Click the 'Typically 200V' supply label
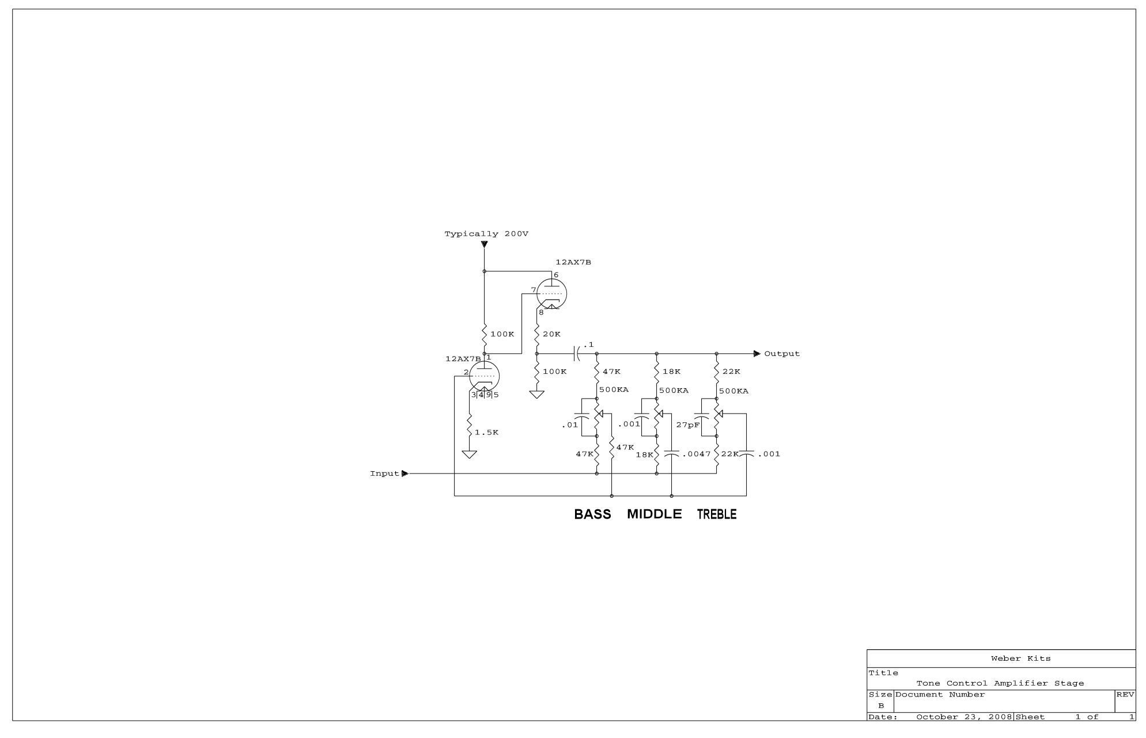coord(486,234)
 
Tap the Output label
coord(782,354)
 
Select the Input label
coord(384,474)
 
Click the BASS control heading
coord(592,514)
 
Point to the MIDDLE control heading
coord(654,514)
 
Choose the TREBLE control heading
coord(717,514)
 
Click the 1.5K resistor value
coord(487,433)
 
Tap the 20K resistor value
coord(551,334)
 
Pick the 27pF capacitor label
coord(688,425)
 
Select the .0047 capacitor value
coord(697,454)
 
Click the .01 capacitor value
coord(569,425)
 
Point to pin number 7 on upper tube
coord(534,290)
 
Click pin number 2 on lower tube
coord(466,372)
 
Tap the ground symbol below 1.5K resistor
coord(470,455)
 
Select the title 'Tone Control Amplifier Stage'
coord(1000,683)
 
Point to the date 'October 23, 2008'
coord(964,717)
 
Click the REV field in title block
coord(1125,695)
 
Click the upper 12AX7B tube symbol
coord(551,294)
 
